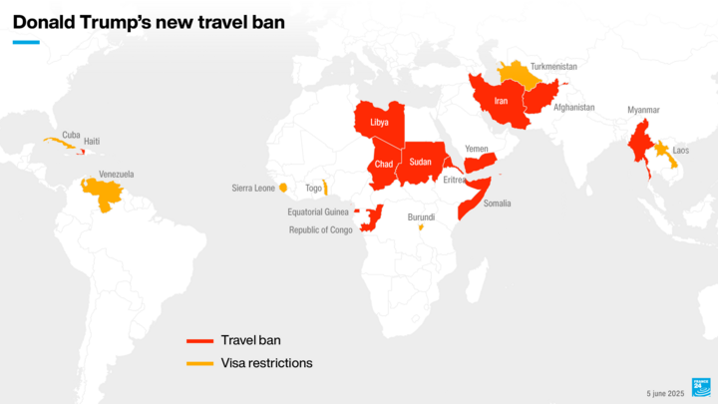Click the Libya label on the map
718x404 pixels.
[379, 123]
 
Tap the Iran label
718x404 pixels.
[502, 101]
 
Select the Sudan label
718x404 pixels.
[421, 162]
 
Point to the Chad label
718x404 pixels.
[384, 164]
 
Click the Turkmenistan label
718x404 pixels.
[553, 66]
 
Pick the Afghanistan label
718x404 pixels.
[574, 107]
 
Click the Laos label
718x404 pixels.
[681, 151]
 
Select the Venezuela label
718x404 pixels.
[116, 174]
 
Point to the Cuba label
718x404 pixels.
[71, 135]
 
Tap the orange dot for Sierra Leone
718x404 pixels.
[283, 187]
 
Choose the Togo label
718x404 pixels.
[313, 187]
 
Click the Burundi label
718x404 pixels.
[422, 216]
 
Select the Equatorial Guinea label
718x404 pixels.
[317, 211]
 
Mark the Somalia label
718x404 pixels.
[497, 203]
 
